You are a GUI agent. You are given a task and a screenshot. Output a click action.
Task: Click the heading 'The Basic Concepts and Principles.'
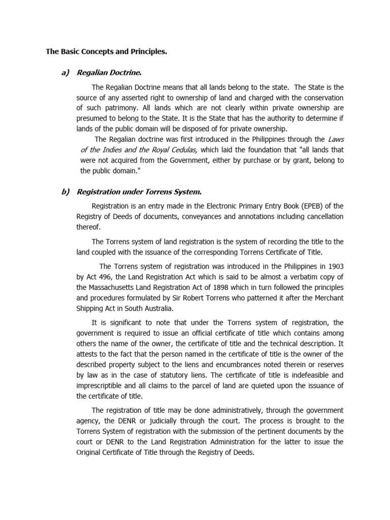[106, 51]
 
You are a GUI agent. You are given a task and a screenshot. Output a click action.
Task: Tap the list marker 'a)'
[64, 73]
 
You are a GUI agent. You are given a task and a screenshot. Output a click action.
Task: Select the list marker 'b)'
[64, 191]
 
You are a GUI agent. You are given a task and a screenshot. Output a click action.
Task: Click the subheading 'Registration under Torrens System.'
[139, 191]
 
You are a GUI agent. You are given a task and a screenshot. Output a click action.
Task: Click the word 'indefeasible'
[308, 375]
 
